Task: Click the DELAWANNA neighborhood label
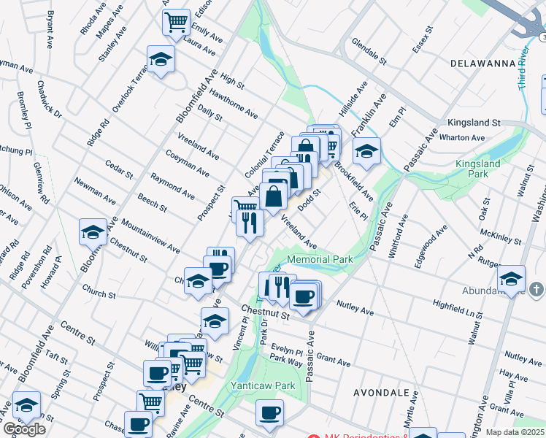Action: click(480, 64)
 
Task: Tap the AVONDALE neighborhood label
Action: click(381, 392)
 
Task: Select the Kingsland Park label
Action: click(478, 169)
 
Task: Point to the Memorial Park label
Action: click(320, 259)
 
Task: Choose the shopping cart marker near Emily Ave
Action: click(176, 24)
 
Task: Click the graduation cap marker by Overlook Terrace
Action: click(161, 61)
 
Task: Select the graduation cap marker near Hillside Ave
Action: click(366, 152)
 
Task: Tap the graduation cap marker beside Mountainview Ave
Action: click(93, 233)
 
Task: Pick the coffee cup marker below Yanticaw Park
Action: click(269, 413)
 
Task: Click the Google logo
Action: click(24, 429)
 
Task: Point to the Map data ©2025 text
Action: click(514, 432)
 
